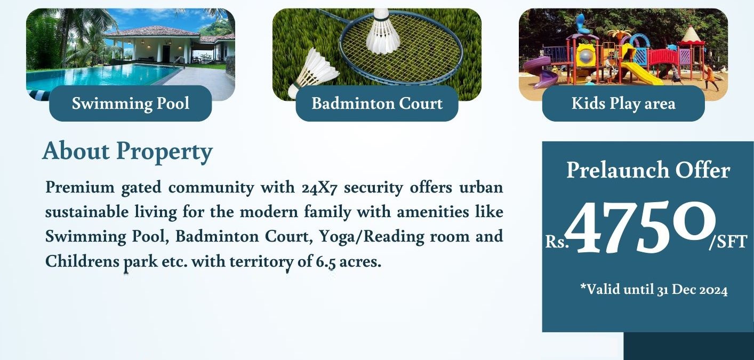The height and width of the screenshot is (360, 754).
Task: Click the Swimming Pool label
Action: (x=131, y=103)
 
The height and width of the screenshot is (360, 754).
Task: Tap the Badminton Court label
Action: (x=377, y=103)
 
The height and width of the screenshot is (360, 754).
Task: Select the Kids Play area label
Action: (x=623, y=103)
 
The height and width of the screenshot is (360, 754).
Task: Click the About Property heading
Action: (x=127, y=151)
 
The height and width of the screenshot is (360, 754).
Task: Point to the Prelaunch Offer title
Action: (x=648, y=171)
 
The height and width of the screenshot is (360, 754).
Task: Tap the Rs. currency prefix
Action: (x=557, y=242)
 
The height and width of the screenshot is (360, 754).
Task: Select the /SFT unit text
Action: (x=728, y=242)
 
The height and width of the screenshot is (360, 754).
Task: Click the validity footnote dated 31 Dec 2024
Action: (x=654, y=290)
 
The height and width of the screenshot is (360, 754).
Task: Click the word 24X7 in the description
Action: (x=319, y=188)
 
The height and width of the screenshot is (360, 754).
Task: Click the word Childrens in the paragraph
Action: (x=82, y=262)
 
